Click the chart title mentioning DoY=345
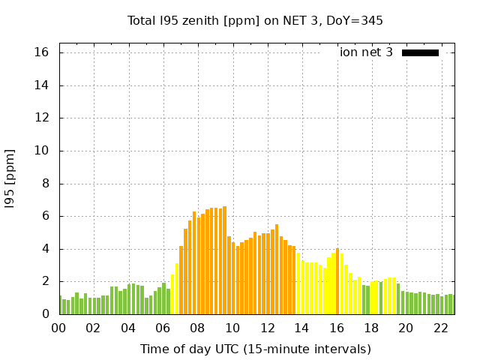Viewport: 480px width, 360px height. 255,20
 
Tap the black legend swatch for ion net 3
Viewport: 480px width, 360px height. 420,52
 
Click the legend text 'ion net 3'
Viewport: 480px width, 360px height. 366,52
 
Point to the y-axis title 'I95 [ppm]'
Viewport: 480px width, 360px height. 10,178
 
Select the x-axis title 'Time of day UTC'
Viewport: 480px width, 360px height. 255,349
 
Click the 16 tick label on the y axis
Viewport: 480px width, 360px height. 41,52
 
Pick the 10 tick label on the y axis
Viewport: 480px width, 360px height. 41,151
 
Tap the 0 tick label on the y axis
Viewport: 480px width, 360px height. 45,314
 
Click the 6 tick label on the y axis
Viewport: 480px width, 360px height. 45,216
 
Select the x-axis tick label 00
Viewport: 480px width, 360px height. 59,328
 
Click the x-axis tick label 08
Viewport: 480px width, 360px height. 198,328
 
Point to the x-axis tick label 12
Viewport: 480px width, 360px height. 267,328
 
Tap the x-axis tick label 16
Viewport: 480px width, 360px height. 337,328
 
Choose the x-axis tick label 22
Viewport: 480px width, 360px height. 440,328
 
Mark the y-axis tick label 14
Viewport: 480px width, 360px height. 41,85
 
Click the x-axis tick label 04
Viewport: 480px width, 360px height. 128,328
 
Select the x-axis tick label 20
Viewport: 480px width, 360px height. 406,328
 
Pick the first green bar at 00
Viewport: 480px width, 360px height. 60,305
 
